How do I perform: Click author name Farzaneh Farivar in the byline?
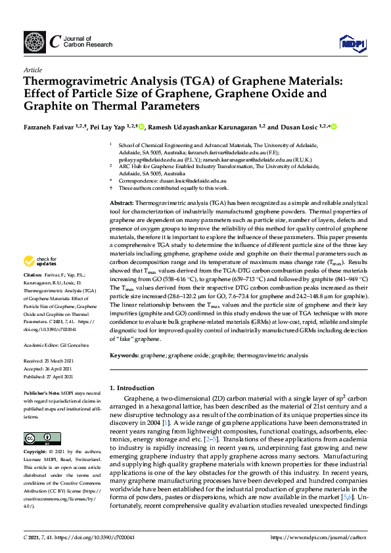51,126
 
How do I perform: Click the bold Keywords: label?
125,355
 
